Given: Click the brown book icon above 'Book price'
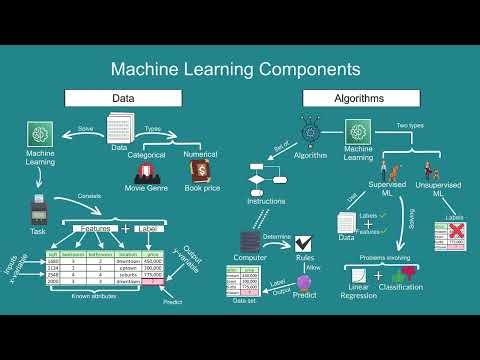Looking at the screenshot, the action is [199, 171].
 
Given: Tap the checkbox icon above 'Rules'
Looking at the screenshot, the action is [305, 242].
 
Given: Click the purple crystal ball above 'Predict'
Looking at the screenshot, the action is [305, 283].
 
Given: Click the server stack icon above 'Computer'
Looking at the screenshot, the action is [250, 242].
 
